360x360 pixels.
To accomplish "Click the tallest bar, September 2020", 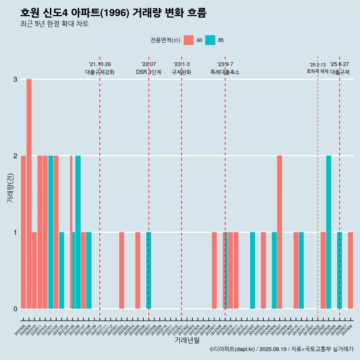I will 29,193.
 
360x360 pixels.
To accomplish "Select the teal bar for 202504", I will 328,232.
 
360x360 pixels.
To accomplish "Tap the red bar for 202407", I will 279,232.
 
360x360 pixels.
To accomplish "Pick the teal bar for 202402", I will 252,270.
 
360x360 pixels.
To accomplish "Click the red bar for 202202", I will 121,270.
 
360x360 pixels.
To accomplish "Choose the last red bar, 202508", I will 350,270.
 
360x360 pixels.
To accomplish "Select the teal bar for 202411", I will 301,270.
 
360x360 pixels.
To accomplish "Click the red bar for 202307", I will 214,270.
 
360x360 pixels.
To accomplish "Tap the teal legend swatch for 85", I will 210,40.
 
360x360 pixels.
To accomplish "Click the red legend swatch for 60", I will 189,40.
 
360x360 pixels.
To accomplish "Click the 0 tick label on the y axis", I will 15,309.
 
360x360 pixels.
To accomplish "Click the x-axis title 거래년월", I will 187,340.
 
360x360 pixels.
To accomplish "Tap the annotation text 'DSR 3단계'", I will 148,72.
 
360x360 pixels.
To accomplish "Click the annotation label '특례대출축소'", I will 225,72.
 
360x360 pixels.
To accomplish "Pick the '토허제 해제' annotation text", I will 317,71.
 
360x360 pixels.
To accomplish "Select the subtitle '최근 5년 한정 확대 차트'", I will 55,24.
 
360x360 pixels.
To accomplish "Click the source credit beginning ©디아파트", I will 281,349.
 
